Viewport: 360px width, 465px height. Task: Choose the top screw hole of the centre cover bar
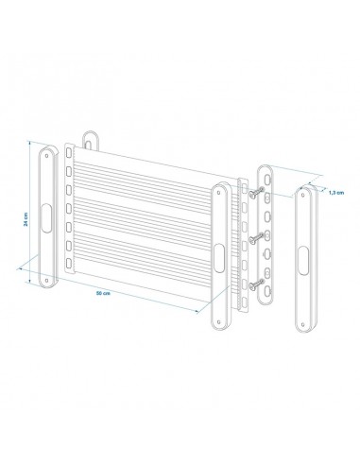(x=218, y=189)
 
